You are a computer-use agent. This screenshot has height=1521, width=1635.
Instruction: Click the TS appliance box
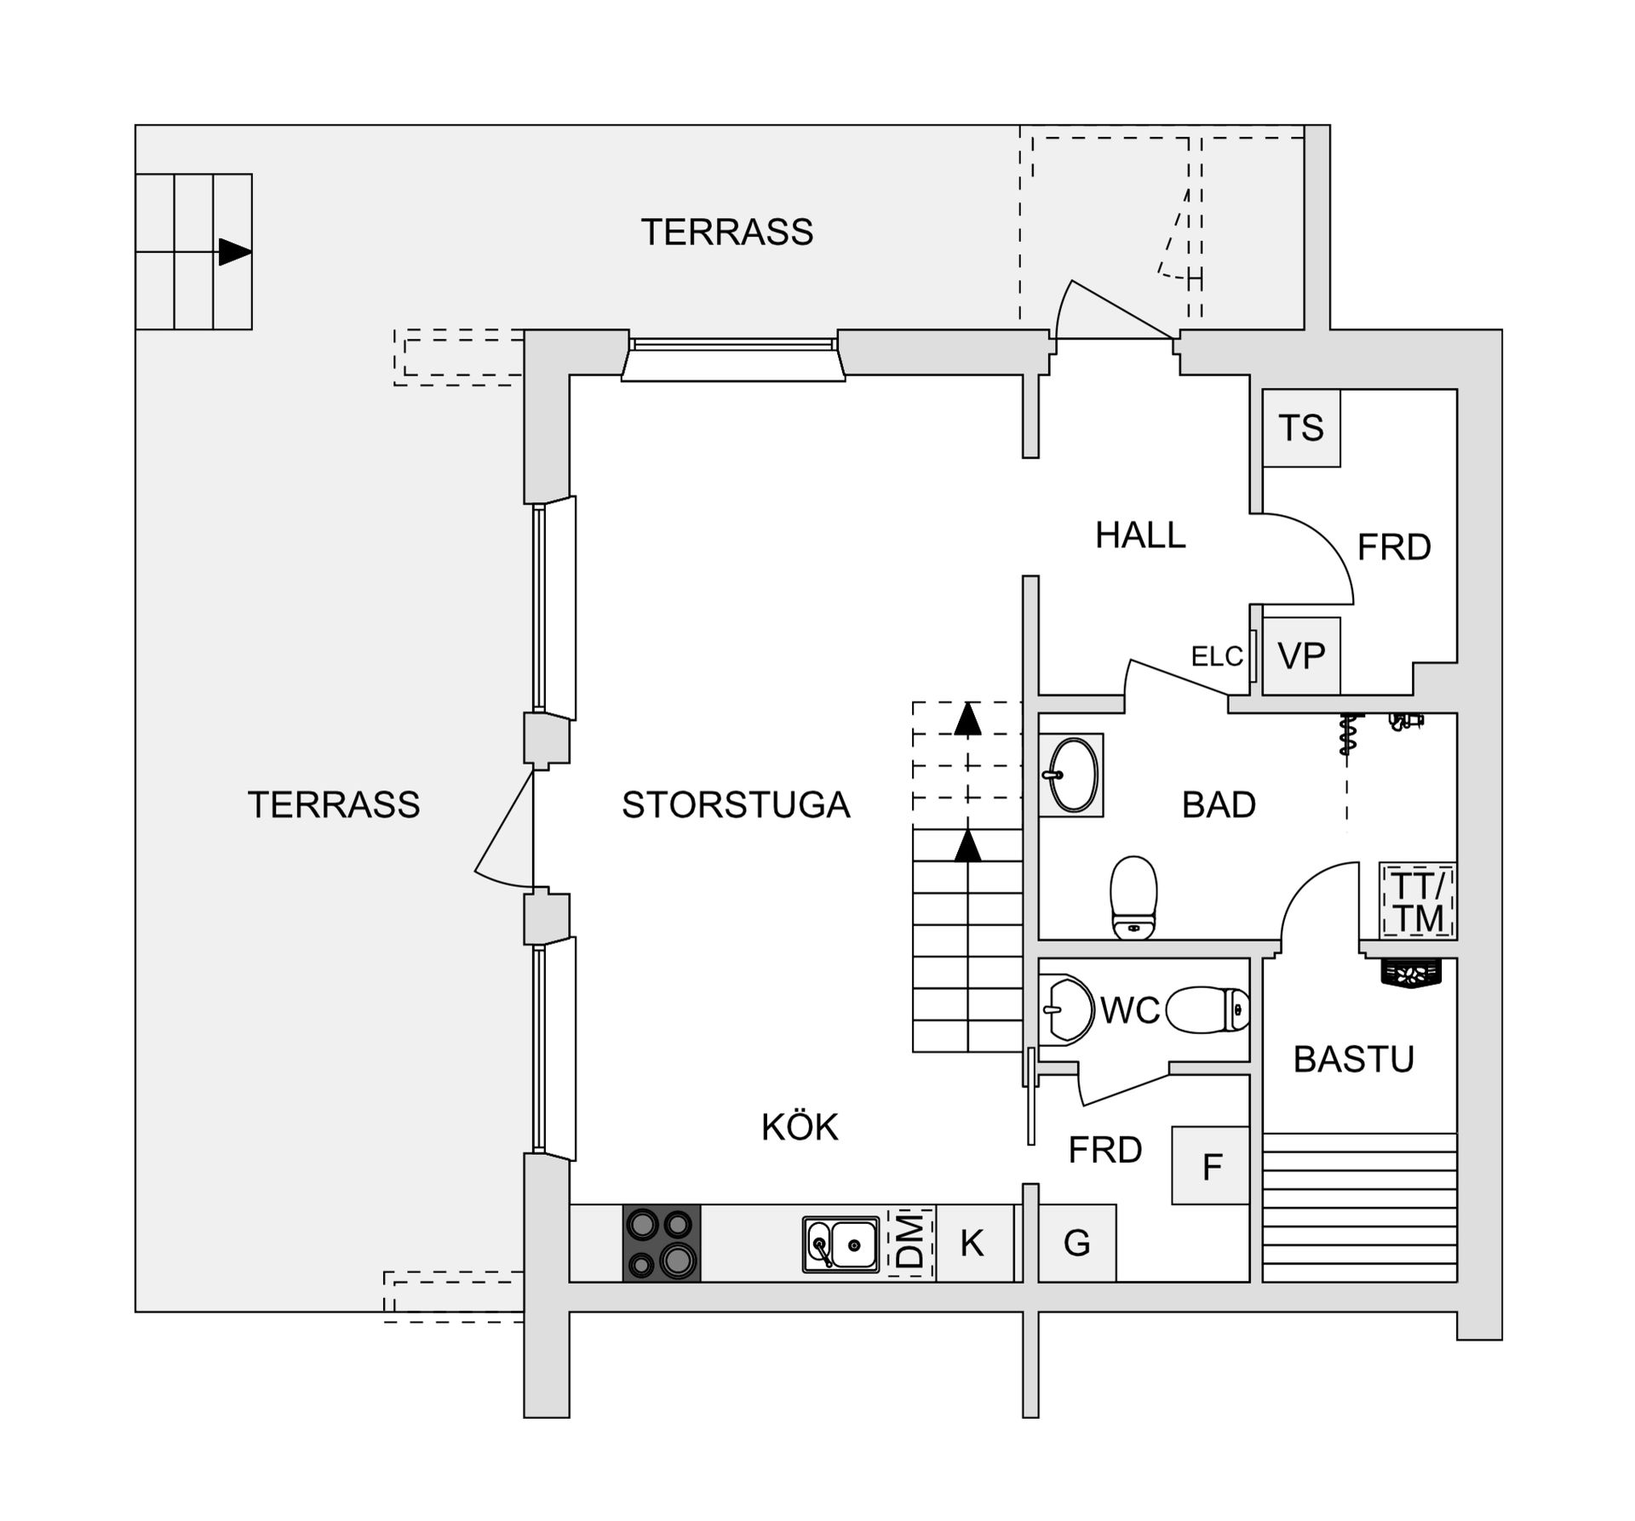(1301, 427)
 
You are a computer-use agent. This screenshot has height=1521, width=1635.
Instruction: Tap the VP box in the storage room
(1301, 655)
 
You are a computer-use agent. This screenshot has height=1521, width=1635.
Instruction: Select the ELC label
(1217, 656)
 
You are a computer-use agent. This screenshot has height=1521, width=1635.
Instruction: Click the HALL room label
(1140, 535)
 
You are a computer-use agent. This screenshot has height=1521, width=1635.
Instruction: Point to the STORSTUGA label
(736, 805)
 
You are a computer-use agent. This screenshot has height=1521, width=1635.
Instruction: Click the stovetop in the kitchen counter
(662, 1243)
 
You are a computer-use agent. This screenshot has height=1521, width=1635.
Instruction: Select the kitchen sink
(840, 1244)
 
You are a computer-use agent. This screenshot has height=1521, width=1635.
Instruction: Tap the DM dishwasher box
(911, 1243)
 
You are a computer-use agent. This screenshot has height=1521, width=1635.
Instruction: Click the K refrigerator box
(972, 1244)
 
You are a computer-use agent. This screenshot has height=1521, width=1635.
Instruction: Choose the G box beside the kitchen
(1077, 1244)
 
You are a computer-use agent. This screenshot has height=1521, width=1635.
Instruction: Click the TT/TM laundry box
(1418, 901)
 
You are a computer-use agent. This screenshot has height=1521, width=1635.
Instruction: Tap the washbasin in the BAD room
(1072, 775)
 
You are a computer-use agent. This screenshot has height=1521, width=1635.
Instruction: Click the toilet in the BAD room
(1134, 898)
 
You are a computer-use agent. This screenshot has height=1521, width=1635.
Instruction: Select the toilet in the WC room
(1208, 1010)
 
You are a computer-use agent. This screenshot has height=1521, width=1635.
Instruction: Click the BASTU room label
(1353, 1060)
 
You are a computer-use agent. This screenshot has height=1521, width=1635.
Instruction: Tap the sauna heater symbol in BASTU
(1411, 973)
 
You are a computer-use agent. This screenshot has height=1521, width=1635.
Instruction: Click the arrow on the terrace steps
(235, 252)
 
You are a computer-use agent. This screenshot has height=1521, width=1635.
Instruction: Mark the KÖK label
(800, 1128)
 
